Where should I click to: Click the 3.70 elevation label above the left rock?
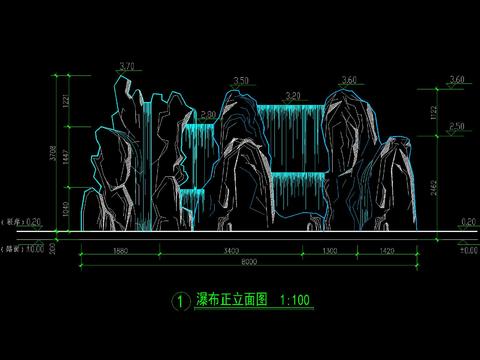pyautogui.click(x=126, y=67)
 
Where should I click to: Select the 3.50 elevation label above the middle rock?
pyautogui.click(x=240, y=80)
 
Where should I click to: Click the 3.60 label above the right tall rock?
pyautogui.click(x=349, y=80)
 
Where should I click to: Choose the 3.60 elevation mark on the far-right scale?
pyautogui.click(x=458, y=79)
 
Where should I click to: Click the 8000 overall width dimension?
pyautogui.click(x=250, y=263)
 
